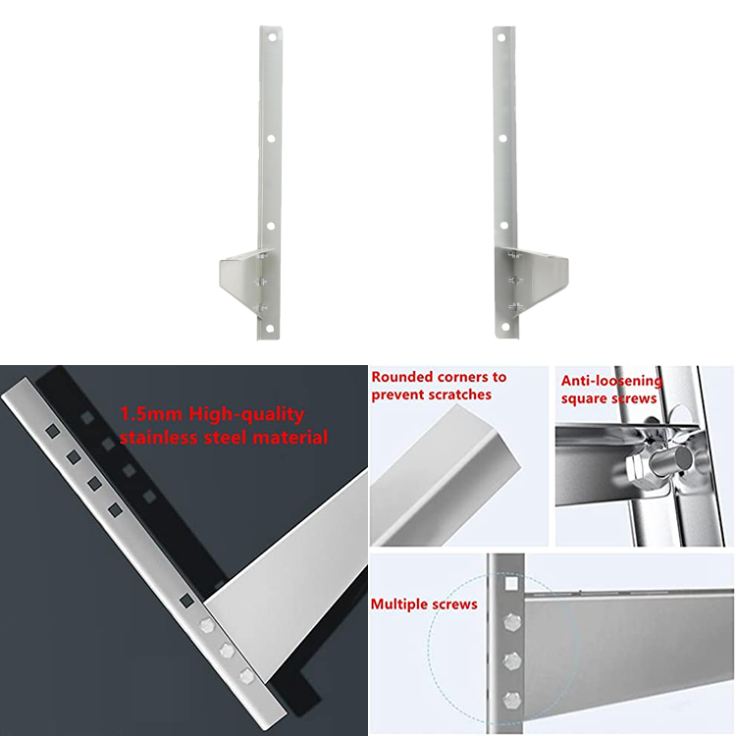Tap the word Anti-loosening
(x=611, y=381)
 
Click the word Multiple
(x=400, y=605)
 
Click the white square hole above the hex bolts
(x=509, y=587)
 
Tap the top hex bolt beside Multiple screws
(x=509, y=624)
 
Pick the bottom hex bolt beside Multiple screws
(x=509, y=700)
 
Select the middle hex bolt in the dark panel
(x=227, y=650)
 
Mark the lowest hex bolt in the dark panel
(x=247, y=674)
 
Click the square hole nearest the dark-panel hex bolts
(x=185, y=601)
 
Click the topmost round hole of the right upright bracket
(x=500, y=39)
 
